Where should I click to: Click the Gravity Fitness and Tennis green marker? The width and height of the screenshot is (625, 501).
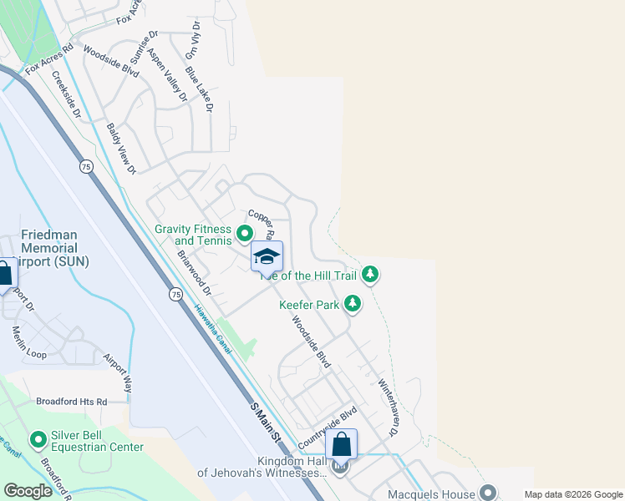coord(245,235)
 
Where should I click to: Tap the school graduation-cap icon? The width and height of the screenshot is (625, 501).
coord(267,256)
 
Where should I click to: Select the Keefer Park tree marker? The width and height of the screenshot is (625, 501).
coord(353,305)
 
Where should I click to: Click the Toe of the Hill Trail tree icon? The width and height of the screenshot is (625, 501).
coord(370,275)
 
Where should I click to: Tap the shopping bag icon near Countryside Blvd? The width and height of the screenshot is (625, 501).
coord(342,444)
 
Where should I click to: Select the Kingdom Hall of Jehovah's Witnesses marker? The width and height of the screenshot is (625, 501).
coord(339,467)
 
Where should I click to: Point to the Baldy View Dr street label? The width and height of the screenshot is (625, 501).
coord(121,149)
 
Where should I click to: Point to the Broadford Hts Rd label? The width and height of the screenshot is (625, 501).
coord(72,402)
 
